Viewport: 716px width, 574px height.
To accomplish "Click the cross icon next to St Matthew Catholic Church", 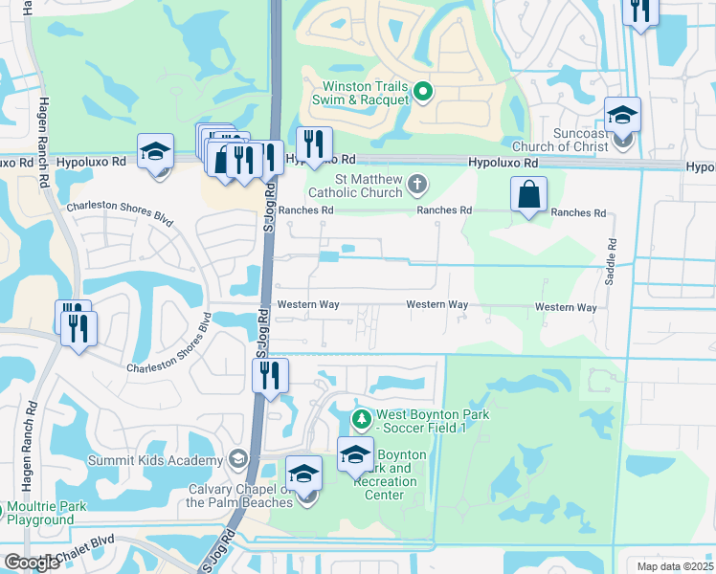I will [x=416, y=183].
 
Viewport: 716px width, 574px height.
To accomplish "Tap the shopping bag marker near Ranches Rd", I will [x=528, y=196].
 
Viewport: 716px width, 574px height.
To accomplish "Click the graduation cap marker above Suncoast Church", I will [x=622, y=117].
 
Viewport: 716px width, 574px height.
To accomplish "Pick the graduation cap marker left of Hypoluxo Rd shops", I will [x=155, y=153].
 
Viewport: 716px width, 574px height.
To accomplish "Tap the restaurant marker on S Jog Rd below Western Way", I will [x=271, y=375].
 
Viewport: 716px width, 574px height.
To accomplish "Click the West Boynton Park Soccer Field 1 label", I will [x=433, y=420].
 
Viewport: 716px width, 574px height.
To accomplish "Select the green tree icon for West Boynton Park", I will [x=361, y=419].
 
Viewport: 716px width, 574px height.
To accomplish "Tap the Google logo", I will [x=32, y=563].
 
